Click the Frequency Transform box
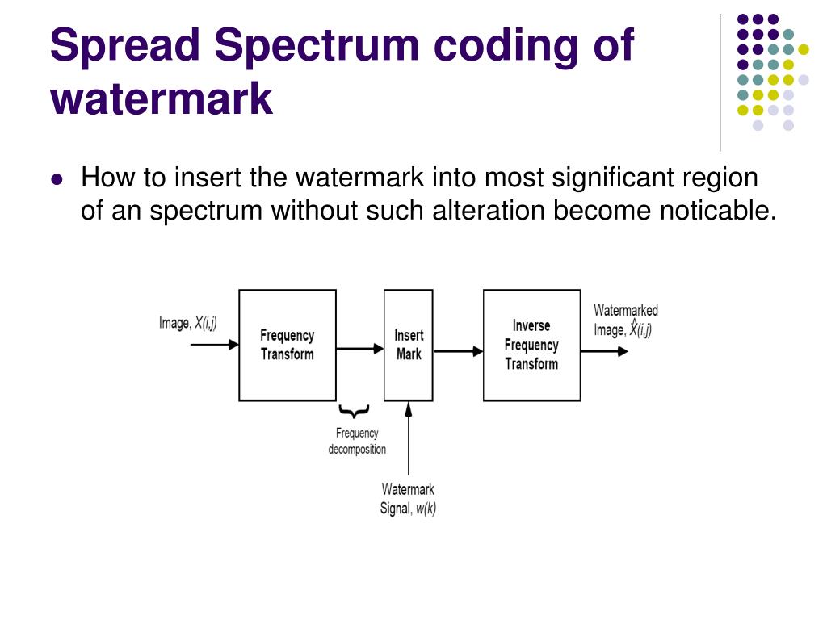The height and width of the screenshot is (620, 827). tap(287, 345)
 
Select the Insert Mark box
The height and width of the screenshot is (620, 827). tap(408, 345)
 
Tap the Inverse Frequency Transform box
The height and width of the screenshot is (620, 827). tap(531, 345)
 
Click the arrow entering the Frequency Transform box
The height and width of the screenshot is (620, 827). tap(214, 344)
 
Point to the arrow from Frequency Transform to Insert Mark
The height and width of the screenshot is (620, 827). tap(360, 349)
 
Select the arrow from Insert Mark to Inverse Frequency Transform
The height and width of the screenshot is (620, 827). tap(458, 351)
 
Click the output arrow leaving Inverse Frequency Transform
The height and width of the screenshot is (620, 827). tap(604, 351)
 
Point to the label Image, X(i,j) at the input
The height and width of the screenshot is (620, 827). tap(188, 323)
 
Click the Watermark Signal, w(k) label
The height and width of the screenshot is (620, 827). tap(408, 499)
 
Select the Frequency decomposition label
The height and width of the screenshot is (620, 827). tap(357, 442)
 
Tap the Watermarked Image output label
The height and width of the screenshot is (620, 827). tap(625, 320)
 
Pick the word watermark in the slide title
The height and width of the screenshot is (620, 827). tap(162, 98)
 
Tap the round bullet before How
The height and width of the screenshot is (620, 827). tap(57, 179)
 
